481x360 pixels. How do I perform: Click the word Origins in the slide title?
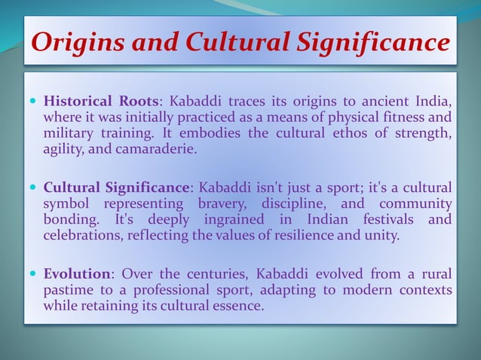coord(76,41)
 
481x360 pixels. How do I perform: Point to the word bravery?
coord(223,203)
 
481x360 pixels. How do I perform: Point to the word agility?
coord(64,148)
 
